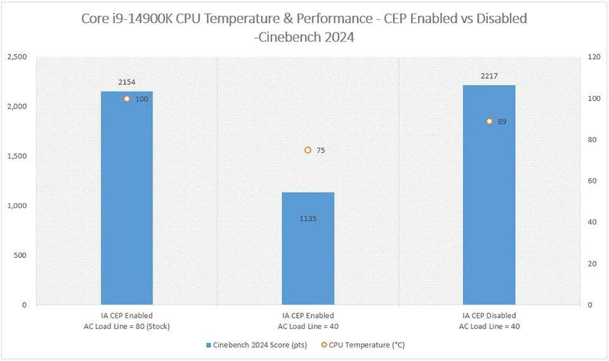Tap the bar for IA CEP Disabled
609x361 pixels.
pyautogui.click(x=488, y=203)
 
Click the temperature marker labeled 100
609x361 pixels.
pyautogui.click(x=127, y=99)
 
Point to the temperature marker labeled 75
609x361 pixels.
pyautogui.click(x=308, y=150)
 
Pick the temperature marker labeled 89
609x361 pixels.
pyautogui.click(x=489, y=121)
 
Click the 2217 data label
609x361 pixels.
pyautogui.click(x=489, y=76)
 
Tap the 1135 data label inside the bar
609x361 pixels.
pyautogui.click(x=308, y=219)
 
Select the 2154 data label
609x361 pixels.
pyautogui.click(x=126, y=82)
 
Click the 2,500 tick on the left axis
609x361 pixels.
pyautogui.click(x=16, y=57)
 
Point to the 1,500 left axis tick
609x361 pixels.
pyautogui.click(x=16, y=156)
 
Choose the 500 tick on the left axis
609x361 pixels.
pyautogui.click(x=20, y=255)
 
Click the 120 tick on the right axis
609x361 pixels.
pyautogui.click(x=594, y=57)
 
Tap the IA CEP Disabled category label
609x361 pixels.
pyautogui.click(x=488, y=320)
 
